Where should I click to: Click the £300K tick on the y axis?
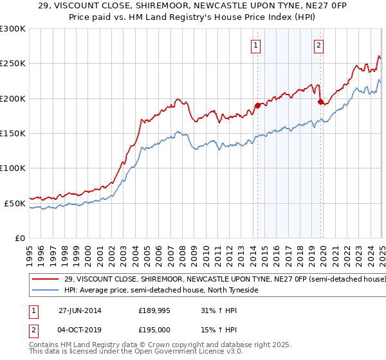13,29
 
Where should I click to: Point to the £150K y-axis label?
13,134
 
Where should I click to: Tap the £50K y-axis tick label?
15,203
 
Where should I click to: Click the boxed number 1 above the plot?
256,45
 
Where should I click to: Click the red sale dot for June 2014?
258,105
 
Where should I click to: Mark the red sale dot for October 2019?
320,102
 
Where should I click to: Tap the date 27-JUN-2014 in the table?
80,310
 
